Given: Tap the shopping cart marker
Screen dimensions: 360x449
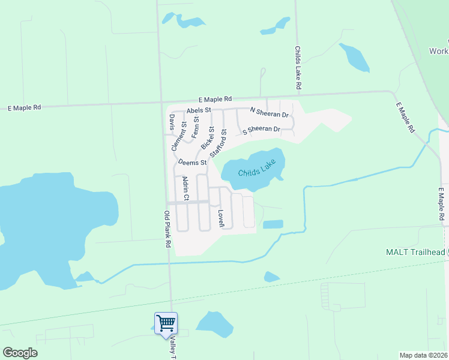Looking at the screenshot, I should tap(166, 323).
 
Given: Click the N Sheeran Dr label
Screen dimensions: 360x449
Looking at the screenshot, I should tap(270, 113).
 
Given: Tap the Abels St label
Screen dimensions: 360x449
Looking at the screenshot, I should tap(199, 110).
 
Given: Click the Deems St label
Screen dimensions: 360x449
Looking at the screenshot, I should tap(192, 162).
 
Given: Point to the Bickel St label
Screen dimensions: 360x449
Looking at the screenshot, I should tap(208, 139).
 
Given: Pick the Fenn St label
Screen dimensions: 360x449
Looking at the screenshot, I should tap(196, 128).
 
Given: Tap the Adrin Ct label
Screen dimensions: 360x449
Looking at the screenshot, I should tap(185, 188).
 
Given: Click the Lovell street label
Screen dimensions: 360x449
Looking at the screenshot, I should tap(221, 218).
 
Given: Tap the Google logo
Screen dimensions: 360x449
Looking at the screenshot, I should tap(20, 353).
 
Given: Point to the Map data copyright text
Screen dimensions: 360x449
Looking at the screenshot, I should tap(423, 355).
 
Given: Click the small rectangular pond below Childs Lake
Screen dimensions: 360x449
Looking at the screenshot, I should tap(273, 224).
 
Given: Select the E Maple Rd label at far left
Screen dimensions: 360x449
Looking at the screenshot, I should tap(24, 107).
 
